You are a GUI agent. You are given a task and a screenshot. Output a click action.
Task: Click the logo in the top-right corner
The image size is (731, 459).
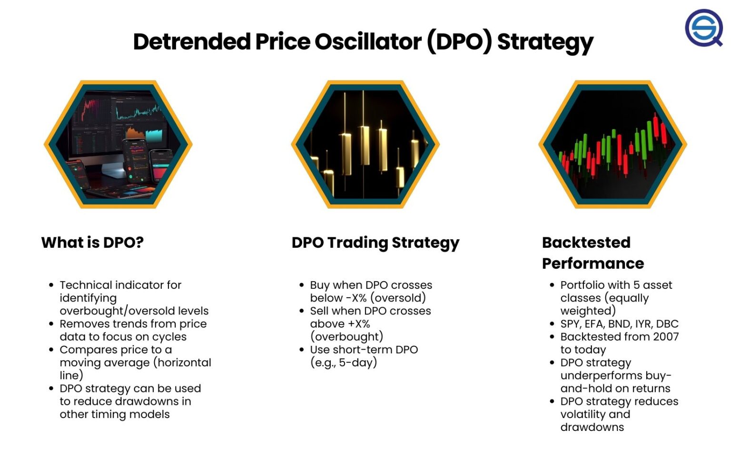[x=704, y=28]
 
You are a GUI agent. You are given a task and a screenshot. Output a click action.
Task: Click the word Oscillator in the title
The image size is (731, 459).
[x=368, y=41]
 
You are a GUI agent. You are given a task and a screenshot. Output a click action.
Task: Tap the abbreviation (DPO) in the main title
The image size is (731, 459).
[x=459, y=41]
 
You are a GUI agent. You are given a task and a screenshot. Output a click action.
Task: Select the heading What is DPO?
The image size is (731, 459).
[x=92, y=243]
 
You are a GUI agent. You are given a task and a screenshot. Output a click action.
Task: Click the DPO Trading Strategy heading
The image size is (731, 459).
[x=375, y=243]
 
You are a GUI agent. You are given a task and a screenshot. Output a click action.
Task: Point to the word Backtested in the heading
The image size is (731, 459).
[x=586, y=243]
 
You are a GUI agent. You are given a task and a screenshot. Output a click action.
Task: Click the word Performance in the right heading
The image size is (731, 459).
[x=593, y=264]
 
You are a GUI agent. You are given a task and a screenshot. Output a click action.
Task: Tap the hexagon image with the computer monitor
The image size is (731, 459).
[x=118, y=144]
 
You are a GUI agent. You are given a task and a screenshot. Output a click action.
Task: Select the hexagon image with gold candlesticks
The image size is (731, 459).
[x=365, y=144]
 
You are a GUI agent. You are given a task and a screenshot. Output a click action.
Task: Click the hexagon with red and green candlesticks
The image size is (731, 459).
[x=612, y=144]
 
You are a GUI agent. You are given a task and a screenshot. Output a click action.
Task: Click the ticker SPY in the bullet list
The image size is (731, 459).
[x=570, y=324]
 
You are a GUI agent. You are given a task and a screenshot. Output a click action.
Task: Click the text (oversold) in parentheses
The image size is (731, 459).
[x=398, y=298]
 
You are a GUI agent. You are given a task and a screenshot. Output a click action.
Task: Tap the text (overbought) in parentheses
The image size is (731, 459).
[x=346, y=337]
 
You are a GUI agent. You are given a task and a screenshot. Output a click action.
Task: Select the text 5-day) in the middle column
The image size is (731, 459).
[x=358, y=362]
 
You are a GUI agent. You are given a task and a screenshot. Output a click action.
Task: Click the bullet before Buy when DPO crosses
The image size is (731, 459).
[x=301, y=285]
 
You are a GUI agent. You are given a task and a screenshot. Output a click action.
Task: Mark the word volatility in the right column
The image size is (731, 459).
[x=583, y=414]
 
